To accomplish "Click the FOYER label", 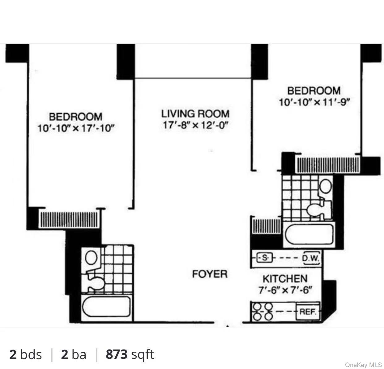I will click(x=210, y=274).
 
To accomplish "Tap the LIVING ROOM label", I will click(x=195, y=114).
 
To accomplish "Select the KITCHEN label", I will click(x=285, y=279).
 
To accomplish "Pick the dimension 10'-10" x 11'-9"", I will click(x=314, y=102).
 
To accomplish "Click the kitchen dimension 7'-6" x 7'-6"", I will click(x=285, y=290).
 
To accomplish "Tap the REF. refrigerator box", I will click(x=308, y=311).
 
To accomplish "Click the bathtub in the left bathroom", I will click(x=106, y=306).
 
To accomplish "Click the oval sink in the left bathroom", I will click(x=91, y=258).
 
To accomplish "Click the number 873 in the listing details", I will click(x=117, y=354).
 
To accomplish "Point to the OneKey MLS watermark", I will click(x=363, y=365).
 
